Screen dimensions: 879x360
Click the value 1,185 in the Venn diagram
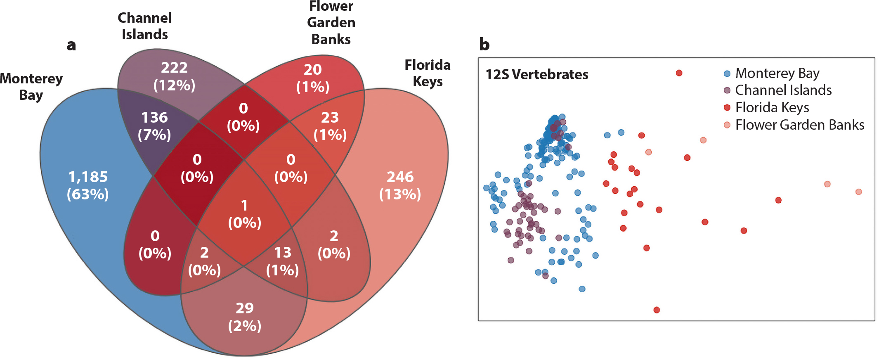pyautogui.click(x=88, y=177)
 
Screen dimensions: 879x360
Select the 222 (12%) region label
pyautogui.click(x=174, y=76)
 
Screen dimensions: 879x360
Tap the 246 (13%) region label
pyautogui.click(x=400, y=185)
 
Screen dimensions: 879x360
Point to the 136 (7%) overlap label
pyautogui.click(x=154, y=126)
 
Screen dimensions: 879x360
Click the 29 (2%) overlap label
pyautogui.click(x=245, y=317)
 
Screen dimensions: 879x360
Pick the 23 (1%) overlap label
pyautogui.click(x=330, y=126)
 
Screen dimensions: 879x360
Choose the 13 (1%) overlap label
pyautogui.click(x=283, y=261)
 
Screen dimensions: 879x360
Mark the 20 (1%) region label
pyautogui.click(x=313, y=78)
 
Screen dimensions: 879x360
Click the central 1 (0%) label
pyautogui.click(x=245, y=214)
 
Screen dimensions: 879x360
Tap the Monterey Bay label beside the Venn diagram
pyautogui.click(x=31, y=87)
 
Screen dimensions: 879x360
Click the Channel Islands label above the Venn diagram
pyautogui.click(x=144, y=26)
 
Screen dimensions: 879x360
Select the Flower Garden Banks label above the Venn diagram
pyautogui.click(x=331, y=23)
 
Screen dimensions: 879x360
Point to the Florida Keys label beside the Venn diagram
pyautogui.click(x=428, y=73)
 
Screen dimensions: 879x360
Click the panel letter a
pyautogui.click(x=71, y=45)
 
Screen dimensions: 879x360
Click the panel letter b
pyautogui.click(x=484, y=44)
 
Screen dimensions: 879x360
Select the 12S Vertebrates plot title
pyautogui.click(x=537, y=74)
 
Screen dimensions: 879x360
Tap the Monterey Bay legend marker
pyautogui.click(x=727, y=74)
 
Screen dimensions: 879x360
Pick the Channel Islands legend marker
pyautogui.click(x=727, y=90)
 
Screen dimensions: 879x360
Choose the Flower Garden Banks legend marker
pyautogui.click(x=727, y=125)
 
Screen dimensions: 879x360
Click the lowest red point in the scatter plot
pyautogui.click(x=657, y=310)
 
